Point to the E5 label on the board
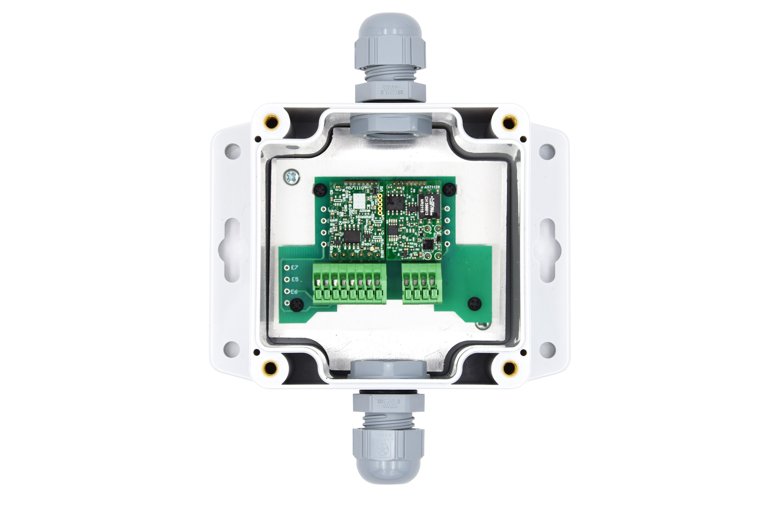point(295,279)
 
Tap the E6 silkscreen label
point(294,292)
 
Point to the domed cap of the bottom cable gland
point(388,468)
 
